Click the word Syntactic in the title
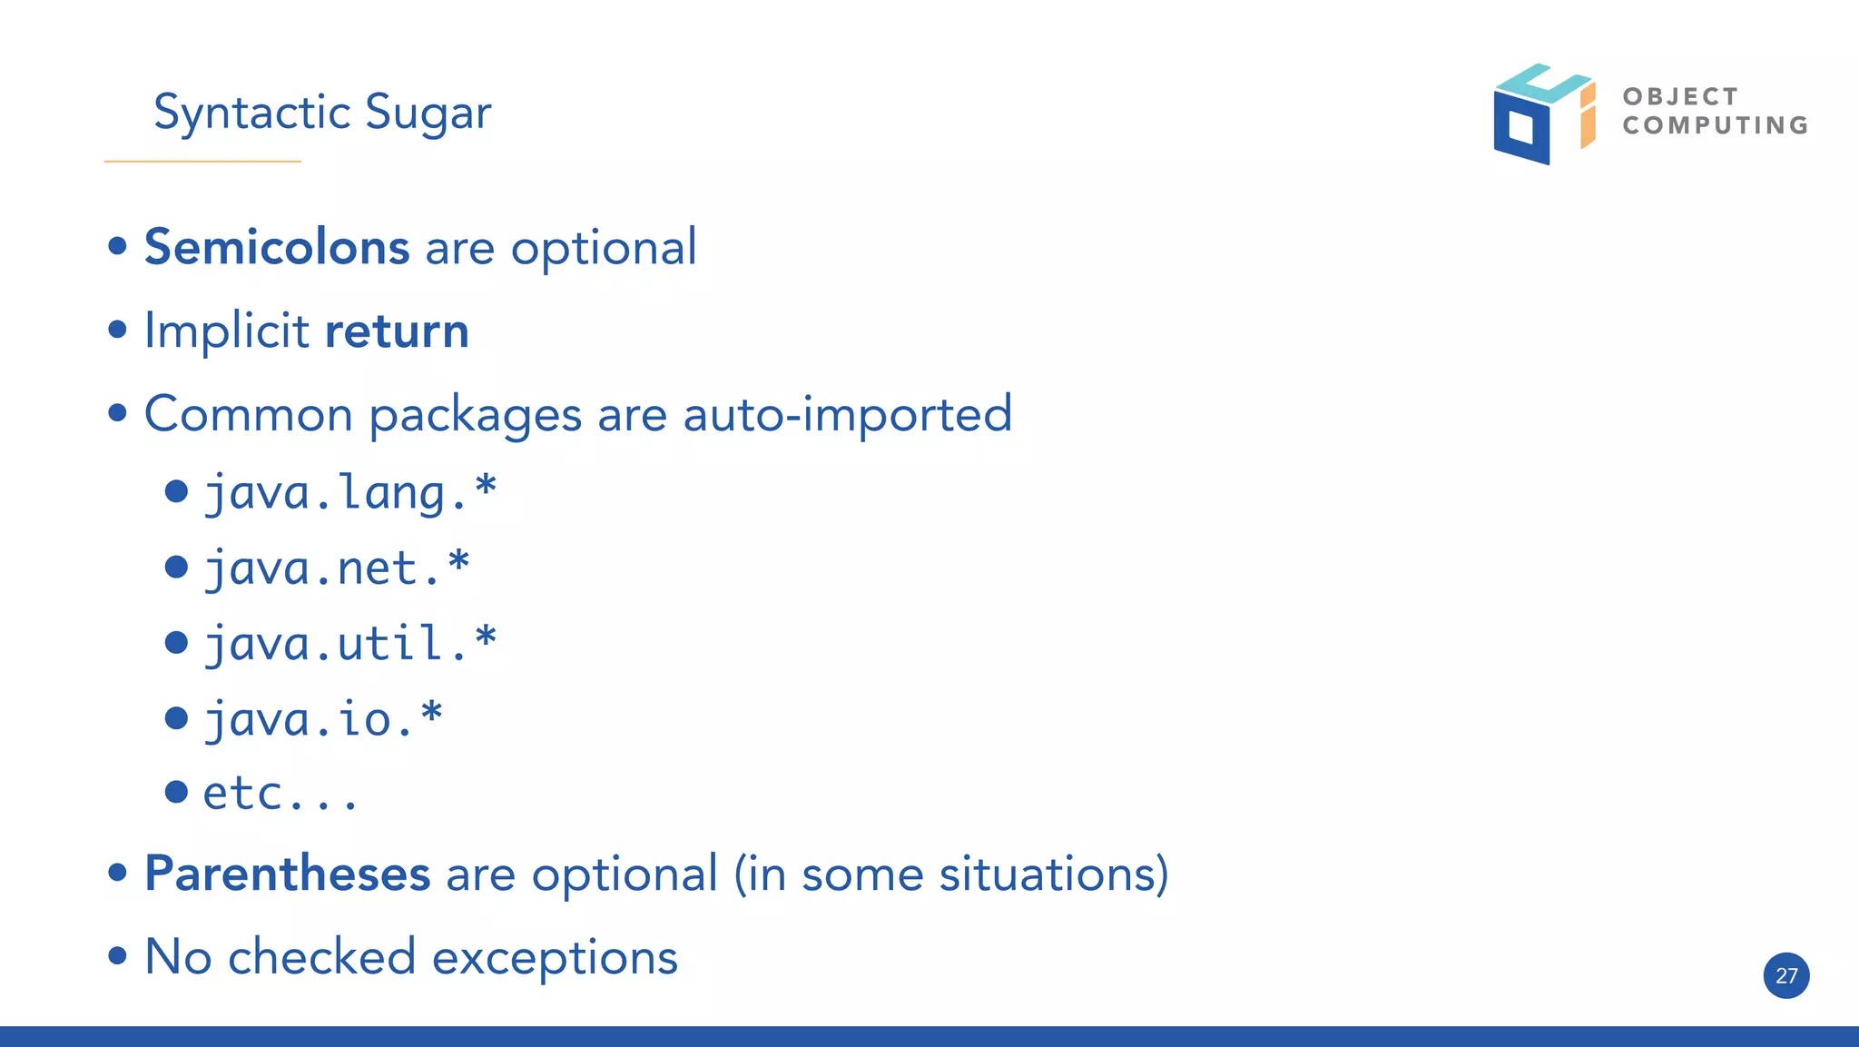click(x=251, y=114)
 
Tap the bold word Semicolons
click(x=277, y=247)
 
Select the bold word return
click(x=397, y=331)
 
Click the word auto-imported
click(x=847, y=415)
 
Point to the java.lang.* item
click(x=349, y=493)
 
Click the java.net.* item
click(x=336, y=568)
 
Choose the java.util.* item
click(x=349, y=644)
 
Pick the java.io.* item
click(x=322, y=719)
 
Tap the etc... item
click(x=280, y=794)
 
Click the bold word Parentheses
click(x=287, y=874)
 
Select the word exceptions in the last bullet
click(x=555, y=958)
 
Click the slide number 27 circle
click(x=1785, y=975)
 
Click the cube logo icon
click(x=1542, y=114)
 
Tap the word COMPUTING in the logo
click(x=1715, y=125)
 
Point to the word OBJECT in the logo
click(x=1679, y=96)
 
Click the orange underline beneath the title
click(x=202, y=162)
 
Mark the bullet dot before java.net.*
click(x=176, y=568)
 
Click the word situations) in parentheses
click(x=1053, y=874)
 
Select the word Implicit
click(x=226, y=331)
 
